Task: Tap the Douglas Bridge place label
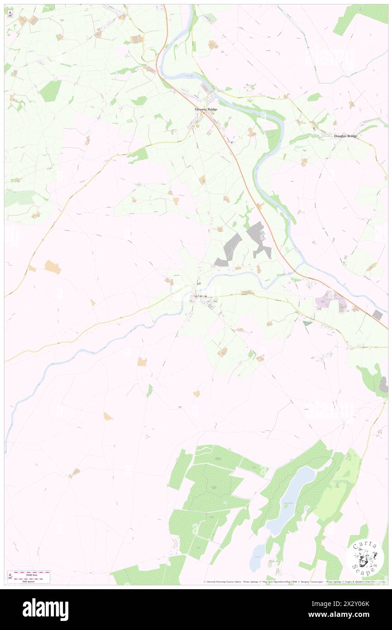pyautogui.click(x=345, y=136)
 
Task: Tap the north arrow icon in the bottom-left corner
pyautogui.click(x=10, y=576)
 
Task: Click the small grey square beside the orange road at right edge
pyautogui.click(x=377, y=315)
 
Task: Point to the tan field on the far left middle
pyautogui.click(x=52, y=267)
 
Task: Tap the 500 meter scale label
pyautogui.click(x=31, y=580)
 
